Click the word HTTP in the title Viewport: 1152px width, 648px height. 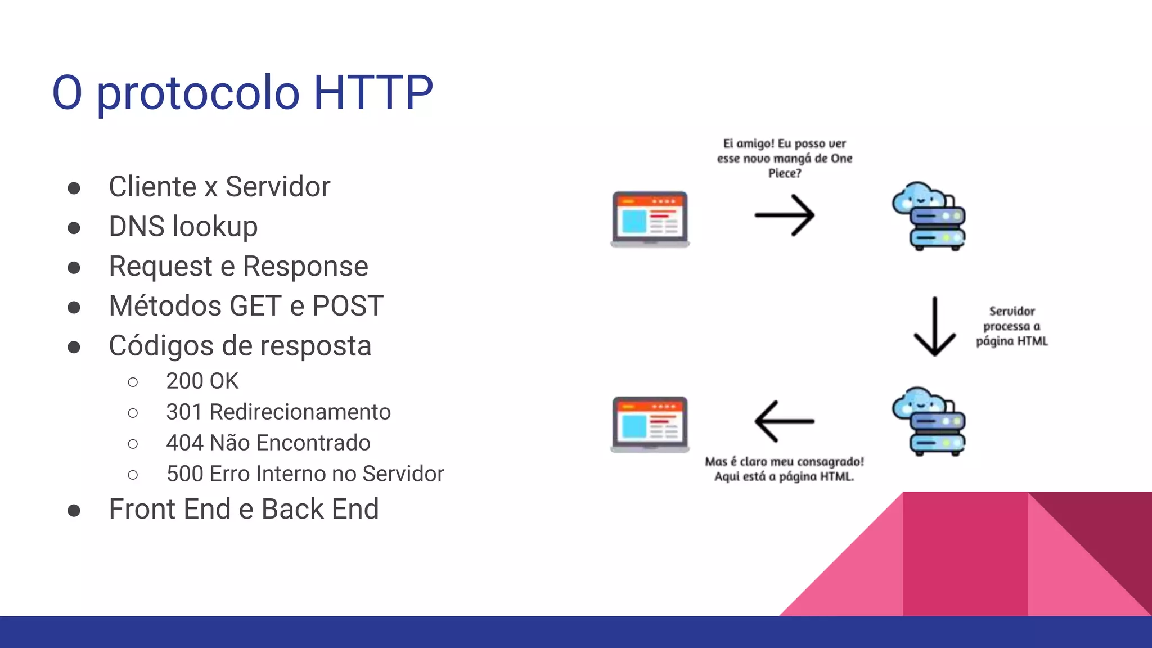tap(373, 92)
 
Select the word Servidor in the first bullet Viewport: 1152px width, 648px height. tap(278, 187)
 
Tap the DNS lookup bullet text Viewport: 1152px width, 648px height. tap(183, 227)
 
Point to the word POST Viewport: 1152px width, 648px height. tap(348, 306)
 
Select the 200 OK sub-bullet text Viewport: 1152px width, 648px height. tap(202, 381)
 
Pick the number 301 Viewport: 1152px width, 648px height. tap(184, 412)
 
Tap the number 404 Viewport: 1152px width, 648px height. tap(184, 443)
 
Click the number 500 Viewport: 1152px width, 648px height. tap(184, 474)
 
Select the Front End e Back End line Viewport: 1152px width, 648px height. tap(244, 509)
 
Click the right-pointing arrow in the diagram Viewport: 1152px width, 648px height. tap(784, 215)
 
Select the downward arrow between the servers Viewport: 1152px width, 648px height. tap(934, 327)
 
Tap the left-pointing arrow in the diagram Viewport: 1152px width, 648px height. tap(784, 421)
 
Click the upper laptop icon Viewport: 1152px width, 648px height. tap(650, 219)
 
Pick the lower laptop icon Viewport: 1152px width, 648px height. tap(650, 424)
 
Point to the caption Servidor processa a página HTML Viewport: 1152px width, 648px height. tap(1011, 326)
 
